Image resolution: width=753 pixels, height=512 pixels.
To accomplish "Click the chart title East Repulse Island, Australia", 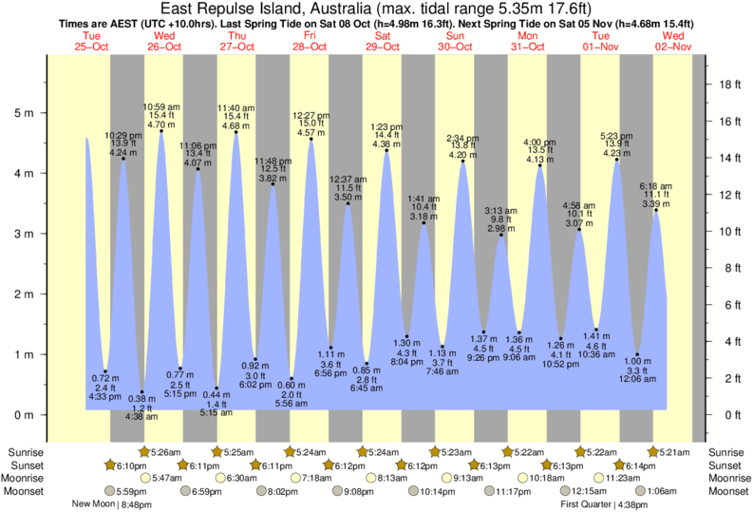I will tap(376, 9).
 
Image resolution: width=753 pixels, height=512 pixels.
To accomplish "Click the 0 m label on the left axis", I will tap(24, 415).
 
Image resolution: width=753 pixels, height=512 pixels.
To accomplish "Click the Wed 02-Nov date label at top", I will tap(674, 41).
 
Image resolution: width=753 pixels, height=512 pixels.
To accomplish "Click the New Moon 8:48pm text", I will tap(112, 504).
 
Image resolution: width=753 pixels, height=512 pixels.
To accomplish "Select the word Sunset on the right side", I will tap(726, 465).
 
